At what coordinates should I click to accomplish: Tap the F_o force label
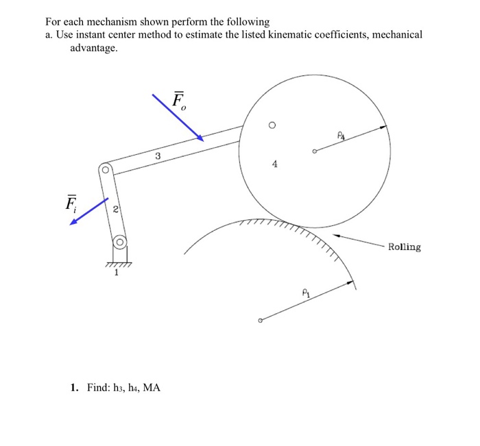click(179, 101)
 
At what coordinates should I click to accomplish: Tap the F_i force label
click(71, 203)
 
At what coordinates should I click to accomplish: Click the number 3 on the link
click(158, 157)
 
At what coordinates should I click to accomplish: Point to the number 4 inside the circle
click(275, 164)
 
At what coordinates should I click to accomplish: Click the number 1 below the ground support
click(117, 273)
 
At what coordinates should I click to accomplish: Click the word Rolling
click(404, 247)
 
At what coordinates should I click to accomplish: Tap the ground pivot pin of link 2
click(119, 242)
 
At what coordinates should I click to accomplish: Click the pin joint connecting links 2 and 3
click(106, 169)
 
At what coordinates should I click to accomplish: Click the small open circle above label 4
click(272, 125)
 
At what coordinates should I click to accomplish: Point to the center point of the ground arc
click(261, 320)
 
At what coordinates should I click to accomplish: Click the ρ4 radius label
click(340, 137)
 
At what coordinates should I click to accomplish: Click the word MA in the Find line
click(151, 388)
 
